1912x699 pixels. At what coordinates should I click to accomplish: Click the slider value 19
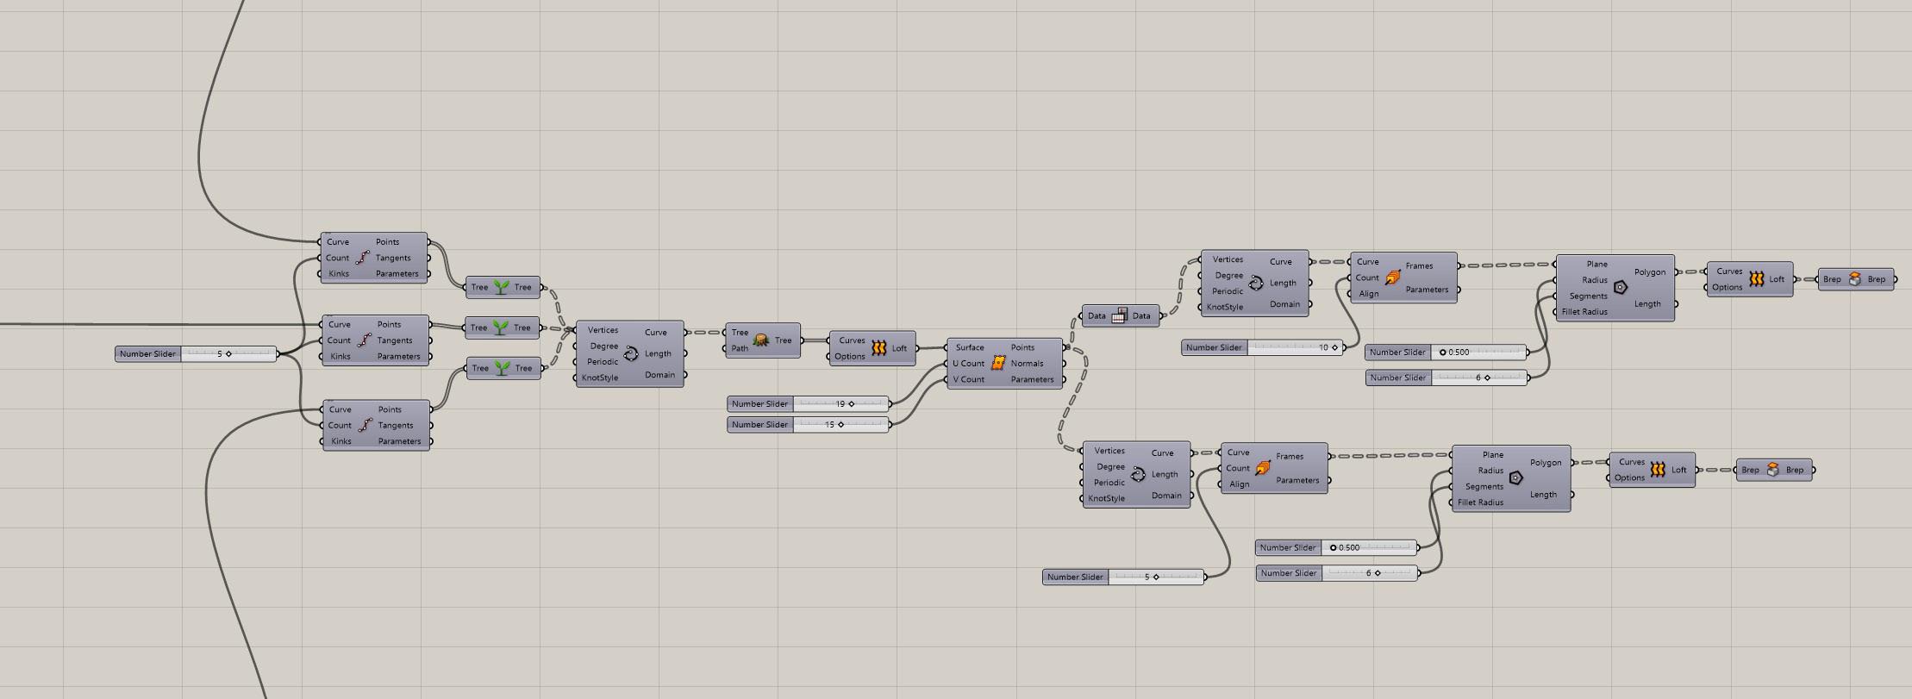[840, 403]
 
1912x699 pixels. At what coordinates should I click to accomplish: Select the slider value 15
[829, 424]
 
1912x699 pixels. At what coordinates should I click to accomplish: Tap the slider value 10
[1323, 347]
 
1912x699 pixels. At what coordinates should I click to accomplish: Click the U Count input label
[968, 363]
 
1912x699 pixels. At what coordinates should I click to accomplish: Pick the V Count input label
[968, 379]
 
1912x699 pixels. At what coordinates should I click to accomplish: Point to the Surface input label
[970, 347]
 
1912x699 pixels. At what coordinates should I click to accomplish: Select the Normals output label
[1027, 363]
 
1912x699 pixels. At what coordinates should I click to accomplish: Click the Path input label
[740, 348]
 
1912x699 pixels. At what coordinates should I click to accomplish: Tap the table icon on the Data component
[1119, 315]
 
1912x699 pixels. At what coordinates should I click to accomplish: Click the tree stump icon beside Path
[761, 340]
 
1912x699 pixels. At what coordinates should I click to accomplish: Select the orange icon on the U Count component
[998, 363]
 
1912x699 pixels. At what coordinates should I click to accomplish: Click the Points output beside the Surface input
[1022, 347]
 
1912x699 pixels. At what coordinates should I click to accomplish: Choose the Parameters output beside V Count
[1032, 379]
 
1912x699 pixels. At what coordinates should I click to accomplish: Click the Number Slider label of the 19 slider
[759, 403]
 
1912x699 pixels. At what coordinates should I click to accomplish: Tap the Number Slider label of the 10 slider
[1214, 347]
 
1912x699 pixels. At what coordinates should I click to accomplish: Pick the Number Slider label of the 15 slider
[759, 424]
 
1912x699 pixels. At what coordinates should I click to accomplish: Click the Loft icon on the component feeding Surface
[878, 348]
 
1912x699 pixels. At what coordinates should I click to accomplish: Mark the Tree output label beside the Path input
[783, 340]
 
